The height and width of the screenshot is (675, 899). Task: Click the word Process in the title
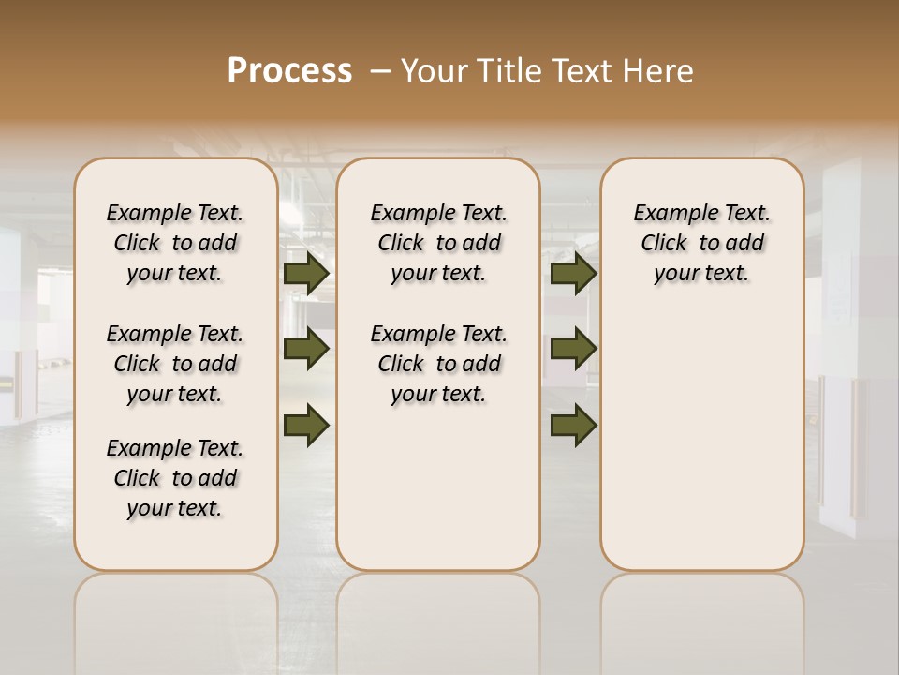(289, 71)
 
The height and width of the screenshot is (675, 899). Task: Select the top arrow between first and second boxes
(306, 274)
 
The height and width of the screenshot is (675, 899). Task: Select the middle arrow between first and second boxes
(306, 349)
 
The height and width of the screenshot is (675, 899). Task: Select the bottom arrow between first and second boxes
(306, 425)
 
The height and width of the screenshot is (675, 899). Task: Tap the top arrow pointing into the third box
(573, 274)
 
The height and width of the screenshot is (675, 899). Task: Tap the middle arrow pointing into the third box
(573, 349)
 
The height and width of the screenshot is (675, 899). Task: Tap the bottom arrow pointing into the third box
(573, 425)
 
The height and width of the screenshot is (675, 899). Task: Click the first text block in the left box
(175, 243)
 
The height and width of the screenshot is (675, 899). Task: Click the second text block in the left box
(175, 364)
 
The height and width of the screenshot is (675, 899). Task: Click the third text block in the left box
(175, 478)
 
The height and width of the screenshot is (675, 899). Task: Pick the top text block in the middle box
(438, 243)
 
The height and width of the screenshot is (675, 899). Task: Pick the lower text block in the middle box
(438, 364)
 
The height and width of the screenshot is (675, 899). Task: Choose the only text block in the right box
(701, 243)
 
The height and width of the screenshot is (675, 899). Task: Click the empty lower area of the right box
(701, 441)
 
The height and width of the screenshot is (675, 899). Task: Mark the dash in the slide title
(379, 72)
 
